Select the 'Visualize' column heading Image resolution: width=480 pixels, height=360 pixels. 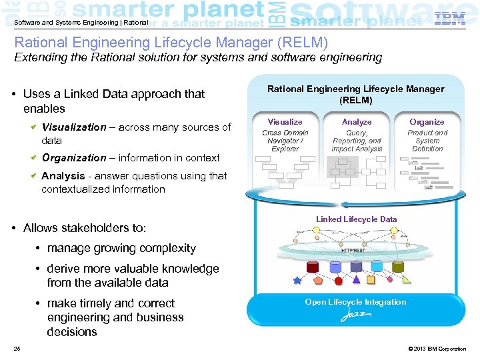click(285, 122)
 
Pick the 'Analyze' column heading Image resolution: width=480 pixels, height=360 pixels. click(357, 122)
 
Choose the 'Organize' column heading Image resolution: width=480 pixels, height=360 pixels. click(427, 122)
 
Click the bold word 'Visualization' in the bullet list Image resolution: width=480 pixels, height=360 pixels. click(74, 127)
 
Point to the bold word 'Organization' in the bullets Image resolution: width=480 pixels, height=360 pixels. click(74, 158)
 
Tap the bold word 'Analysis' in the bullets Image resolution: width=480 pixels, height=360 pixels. click(62, 176)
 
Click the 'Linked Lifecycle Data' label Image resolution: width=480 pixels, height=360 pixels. click(356, 219)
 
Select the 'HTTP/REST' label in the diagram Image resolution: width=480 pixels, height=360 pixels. click(353, 251)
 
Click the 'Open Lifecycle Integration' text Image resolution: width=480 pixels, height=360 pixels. click(355, 302)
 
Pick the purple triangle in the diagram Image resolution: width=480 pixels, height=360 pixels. click(355, 280)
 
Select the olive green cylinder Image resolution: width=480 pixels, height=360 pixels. click(398, 267)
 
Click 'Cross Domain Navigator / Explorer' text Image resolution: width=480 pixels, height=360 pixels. click(285, 141)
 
